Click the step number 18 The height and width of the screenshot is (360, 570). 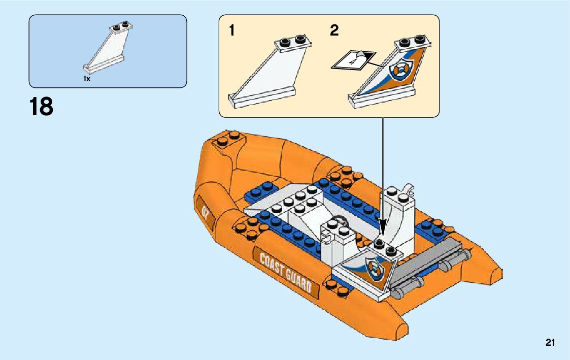coord(41,107)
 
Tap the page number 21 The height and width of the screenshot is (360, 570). coord(550,343)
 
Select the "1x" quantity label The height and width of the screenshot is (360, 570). coord(87,79)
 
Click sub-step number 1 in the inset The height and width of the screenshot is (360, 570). coord(232,31)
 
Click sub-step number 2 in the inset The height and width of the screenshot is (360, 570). coord(334,31)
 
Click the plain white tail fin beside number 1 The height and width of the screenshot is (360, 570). coord(269,71)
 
